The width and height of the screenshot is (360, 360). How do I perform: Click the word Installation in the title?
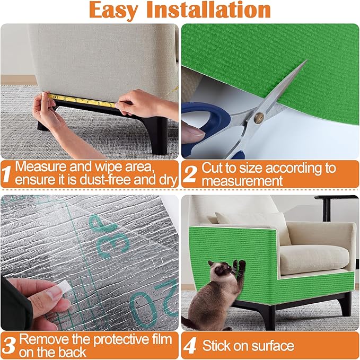pos(217,11)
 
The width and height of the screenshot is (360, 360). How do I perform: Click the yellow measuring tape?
pos(80,100)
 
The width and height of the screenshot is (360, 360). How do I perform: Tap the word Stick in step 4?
pos(217,346)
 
